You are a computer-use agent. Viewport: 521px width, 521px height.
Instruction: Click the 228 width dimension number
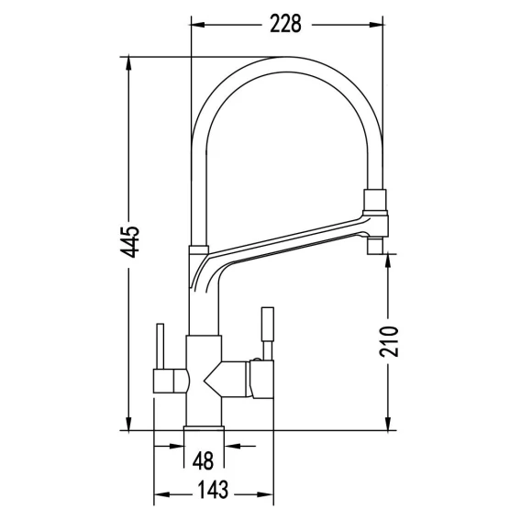click(x=285, y=24)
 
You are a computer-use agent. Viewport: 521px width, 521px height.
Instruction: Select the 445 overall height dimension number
click(x=130, y=242)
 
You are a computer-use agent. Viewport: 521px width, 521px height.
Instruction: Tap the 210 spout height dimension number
click(x=388, y=341)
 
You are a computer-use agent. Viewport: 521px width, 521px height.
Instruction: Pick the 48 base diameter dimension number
click(x=204, y=460)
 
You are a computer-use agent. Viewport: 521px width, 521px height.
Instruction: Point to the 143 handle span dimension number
click(x=213, y=490)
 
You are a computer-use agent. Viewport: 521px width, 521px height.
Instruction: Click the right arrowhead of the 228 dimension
click(x=376, y=25)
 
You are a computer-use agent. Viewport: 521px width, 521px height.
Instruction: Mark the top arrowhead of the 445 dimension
click(x=128, y=63)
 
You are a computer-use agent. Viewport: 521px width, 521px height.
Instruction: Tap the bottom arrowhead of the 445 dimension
click(x=128, y=424)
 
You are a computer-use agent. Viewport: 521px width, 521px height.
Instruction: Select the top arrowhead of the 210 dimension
click(x=388, y=260)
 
